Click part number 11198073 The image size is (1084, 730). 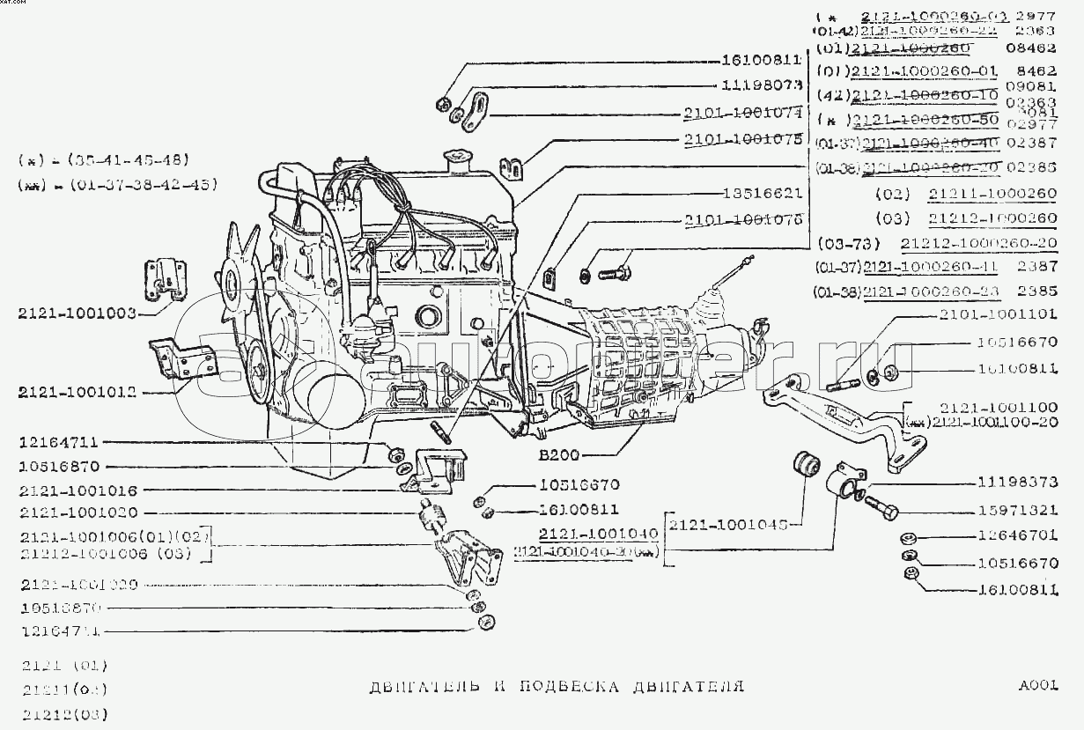click(x=761, y=86)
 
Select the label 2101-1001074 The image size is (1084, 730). click(x=741, y=113)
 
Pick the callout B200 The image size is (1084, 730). click(x=559, y=456)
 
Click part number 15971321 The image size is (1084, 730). click(x=1017, y=510)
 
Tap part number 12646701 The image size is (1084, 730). click(x=1017, y=535)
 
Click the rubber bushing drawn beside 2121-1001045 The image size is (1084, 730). click(x=806, y=467)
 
